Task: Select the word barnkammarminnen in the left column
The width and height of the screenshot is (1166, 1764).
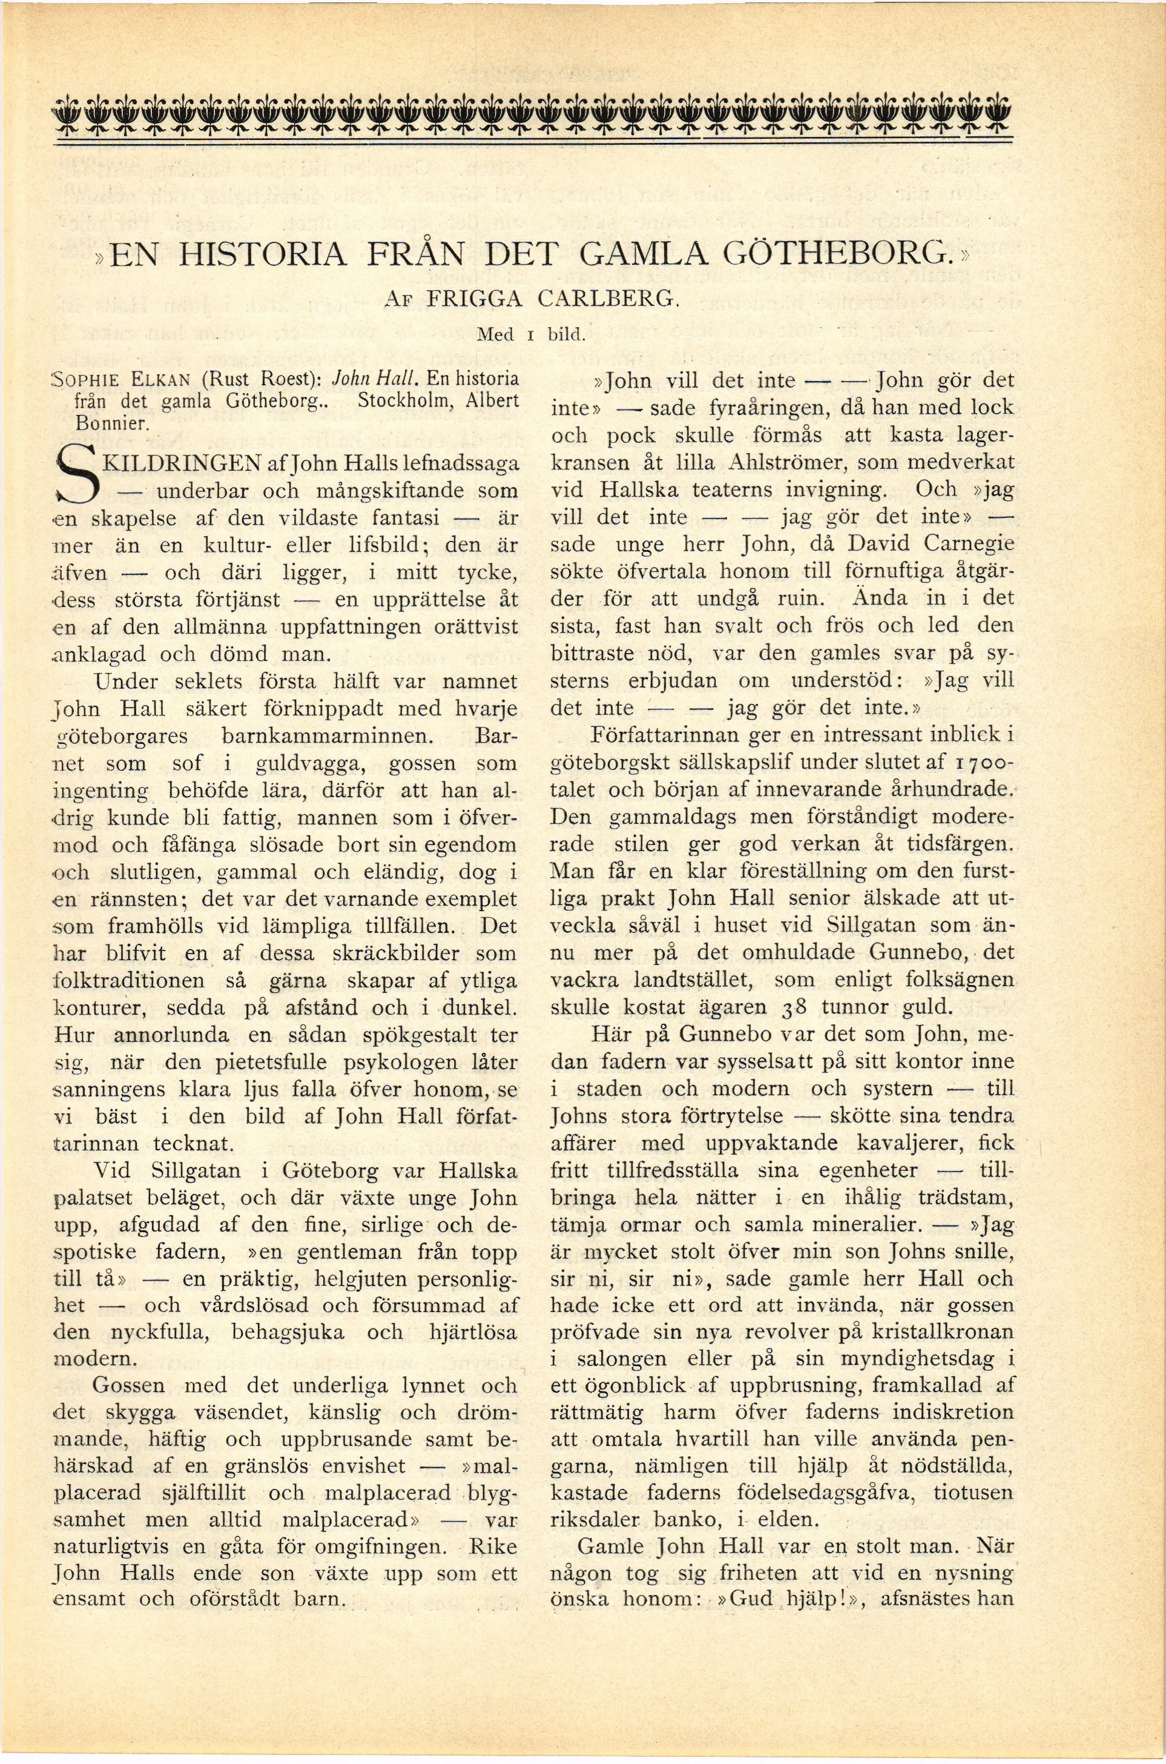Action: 327,737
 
